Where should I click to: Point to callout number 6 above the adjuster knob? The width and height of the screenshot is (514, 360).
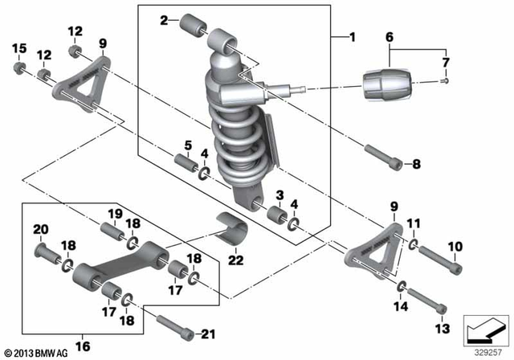tap(390, 37)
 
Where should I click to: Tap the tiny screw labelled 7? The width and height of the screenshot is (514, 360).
tap(445, 79)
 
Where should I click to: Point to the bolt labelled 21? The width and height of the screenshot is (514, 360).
tap(175, 328)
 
